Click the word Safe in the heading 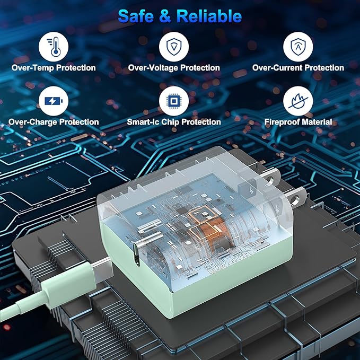tap(136, 16)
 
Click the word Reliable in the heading tap(209, 16)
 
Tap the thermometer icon tap(54, 47)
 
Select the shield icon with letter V tap(174, 47)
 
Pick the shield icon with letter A tap(298, 47)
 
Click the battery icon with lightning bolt tap(54, 101)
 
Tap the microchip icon tap(174, 101)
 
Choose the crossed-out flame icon tap(298, 101)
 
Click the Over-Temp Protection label tap(54, 68)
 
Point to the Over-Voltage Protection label tap(174, 68)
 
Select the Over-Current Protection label tap(298, 68)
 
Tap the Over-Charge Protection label tap(54, 122)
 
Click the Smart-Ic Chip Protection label tap(174, 122)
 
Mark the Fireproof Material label tap(298, 122)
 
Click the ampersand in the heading tap(165, 16)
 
